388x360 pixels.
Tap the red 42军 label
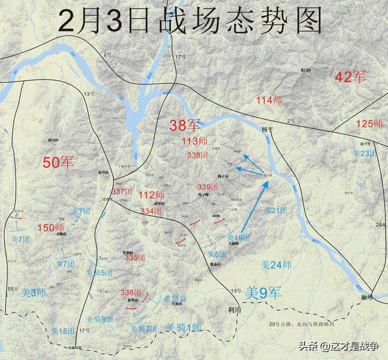351,77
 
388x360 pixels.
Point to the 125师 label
369,124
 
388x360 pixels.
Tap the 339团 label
207,187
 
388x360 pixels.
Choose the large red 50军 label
59,162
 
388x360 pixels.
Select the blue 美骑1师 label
183,328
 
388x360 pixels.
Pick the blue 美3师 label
34,292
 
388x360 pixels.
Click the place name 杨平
269,130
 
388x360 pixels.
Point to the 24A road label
380,225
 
